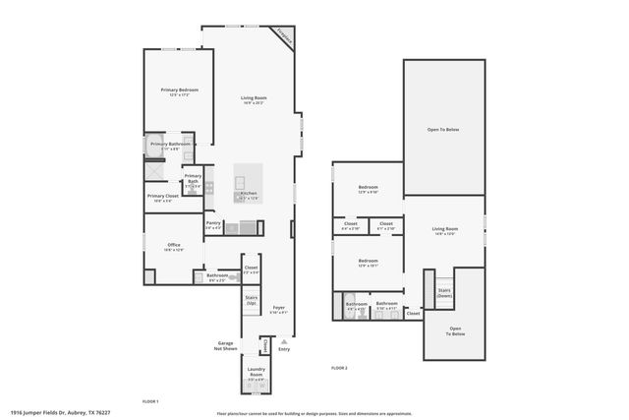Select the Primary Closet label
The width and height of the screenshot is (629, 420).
pyautogui.click(x=162, y=197)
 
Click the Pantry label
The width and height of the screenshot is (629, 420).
pyautogui.click(x=213, y=223)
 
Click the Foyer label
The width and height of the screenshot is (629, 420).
pyautogui.click(x=279, y=310)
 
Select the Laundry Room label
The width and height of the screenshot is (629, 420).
pyautogui.click(x=256, y=373)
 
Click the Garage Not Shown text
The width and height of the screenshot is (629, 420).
pyautogui.click(x=226, y=346)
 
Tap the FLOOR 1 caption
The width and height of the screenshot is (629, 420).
pyautogui.click(x=150, y=402)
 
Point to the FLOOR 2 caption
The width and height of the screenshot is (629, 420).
pyautogui.click(x=339, y=368)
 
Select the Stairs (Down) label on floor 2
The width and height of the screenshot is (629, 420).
pyautogui.click(x=444, y=293)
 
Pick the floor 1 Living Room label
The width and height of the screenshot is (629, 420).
pyautogui.click(x=255, y=97)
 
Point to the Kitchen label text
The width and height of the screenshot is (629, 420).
pyautogui.click(x=249, y=194)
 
